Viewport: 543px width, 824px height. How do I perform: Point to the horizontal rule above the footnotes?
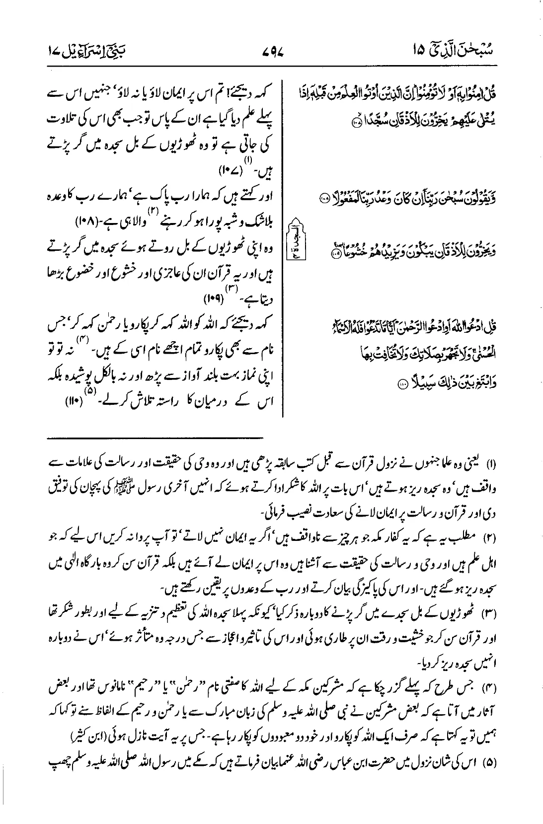pos(156,438)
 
